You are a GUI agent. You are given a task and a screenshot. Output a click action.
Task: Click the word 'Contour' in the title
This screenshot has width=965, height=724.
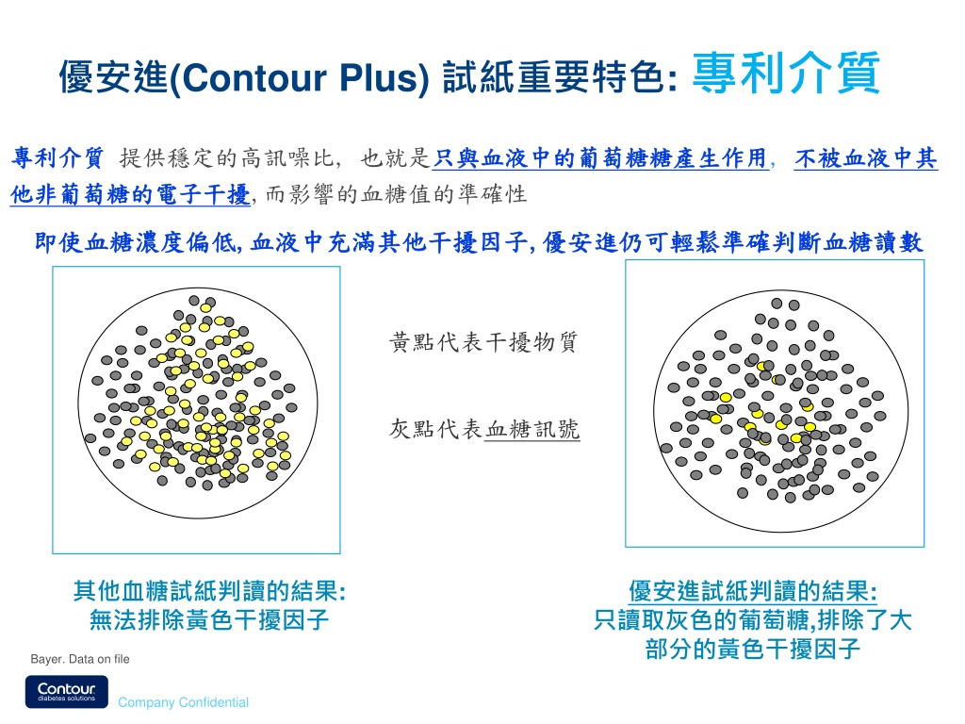(254, 78)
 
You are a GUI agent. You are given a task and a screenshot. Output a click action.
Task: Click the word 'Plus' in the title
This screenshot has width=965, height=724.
(380, 78)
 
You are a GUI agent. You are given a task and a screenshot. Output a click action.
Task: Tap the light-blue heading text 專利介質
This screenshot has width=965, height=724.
(786, 74)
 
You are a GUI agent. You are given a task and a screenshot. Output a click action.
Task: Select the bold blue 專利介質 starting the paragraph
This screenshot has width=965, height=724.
(57, 158)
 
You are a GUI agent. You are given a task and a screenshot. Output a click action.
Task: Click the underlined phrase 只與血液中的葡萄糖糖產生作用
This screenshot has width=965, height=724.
(600, 158)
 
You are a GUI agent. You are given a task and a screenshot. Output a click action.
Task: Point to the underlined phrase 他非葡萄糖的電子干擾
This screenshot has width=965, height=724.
(130, 194)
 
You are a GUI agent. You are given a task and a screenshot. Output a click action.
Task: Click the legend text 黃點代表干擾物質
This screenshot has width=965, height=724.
(483, 341)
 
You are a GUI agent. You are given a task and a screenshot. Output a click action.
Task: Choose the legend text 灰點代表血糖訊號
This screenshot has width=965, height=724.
(483, 429)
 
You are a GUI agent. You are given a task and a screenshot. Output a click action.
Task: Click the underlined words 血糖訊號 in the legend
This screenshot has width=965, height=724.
(532, 429)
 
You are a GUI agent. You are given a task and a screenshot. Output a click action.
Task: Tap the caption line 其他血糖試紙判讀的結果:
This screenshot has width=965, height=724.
(209, 591)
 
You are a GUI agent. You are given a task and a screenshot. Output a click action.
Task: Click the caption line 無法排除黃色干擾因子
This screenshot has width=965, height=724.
(209, 620)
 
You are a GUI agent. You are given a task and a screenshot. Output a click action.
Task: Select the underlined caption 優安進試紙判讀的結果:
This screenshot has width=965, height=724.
(753, 591)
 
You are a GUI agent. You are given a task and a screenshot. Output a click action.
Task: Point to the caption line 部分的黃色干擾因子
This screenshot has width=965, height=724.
(753, 649)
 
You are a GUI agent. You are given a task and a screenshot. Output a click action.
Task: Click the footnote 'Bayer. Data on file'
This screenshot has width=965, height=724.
(80, 659)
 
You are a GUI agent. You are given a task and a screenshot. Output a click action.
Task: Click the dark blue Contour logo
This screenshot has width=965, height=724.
(67, 692)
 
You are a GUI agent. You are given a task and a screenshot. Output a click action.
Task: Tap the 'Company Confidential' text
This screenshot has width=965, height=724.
(184, 702)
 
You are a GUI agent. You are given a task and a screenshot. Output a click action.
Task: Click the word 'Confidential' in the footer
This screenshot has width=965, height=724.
(214, 702)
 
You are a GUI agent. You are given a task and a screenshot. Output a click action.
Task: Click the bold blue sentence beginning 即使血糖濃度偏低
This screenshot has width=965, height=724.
(479, 242)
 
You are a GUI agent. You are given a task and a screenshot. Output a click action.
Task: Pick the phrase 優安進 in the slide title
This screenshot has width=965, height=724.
(113, 78)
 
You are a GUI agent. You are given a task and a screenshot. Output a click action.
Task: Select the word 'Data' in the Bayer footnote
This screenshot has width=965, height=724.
(81, 659)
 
